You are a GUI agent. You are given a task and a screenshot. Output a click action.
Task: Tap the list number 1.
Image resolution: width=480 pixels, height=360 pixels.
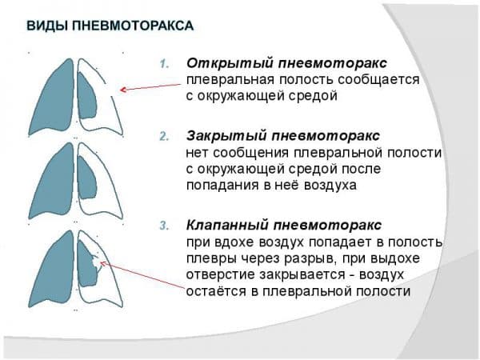tap(164, 64)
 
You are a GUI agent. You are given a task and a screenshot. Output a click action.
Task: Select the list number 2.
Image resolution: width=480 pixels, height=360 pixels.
tap(164, 136)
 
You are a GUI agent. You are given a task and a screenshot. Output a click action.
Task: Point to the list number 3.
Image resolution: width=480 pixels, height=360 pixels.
tap(164, 226)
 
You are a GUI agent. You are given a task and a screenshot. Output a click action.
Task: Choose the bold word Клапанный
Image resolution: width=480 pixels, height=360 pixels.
tap(227, 226)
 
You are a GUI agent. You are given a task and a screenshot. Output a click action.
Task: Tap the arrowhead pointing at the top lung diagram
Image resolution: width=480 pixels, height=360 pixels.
tap(122, 90)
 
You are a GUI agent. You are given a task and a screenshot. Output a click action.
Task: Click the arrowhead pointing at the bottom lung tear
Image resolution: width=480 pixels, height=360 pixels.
tap(102, 263)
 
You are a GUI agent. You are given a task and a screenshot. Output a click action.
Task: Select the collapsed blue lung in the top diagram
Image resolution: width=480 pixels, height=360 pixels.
tap(87, 95)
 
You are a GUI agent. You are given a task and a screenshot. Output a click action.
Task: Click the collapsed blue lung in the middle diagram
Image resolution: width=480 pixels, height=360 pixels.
tap(87, 178)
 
